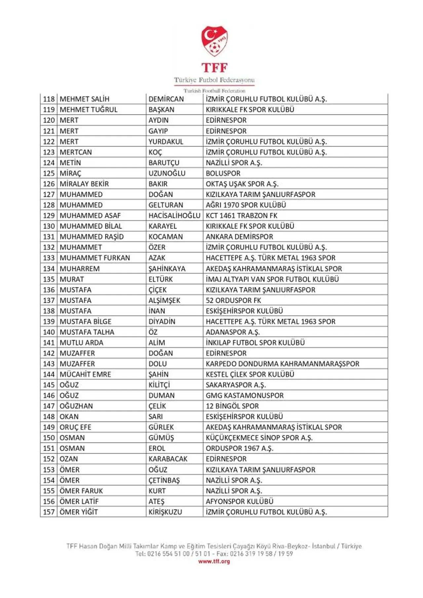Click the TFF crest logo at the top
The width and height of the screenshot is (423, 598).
[x=214, y=41]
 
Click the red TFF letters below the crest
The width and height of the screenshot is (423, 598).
[x=214, y=68]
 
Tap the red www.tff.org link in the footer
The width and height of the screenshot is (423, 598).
[x=214, y=561]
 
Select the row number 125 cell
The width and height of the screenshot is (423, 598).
[x=49, y=173]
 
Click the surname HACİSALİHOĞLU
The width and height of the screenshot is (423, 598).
[x=174, y=216]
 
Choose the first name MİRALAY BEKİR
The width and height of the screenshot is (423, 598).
[x=84, y=184]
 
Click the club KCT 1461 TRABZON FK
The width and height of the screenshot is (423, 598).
[x=242, y=216]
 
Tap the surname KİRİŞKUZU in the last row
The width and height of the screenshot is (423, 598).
[x=165, y=512]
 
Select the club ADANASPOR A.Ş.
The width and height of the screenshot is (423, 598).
[x=233, y=332]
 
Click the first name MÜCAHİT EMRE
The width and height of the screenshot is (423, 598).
[x=85, y=374]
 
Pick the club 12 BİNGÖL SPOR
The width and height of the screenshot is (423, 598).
[x=232, y=406]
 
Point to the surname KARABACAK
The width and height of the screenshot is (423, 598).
[x=168, y=459]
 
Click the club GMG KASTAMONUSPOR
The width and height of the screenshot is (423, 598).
[x=245, y=396]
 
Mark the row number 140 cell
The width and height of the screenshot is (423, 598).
[x=49, y=332]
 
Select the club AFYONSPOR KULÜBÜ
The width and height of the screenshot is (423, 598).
[x=240, y=501]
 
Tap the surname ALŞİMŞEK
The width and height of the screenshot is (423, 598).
[x=164, y=300]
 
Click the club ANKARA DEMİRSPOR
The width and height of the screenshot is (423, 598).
[x=239, y=237]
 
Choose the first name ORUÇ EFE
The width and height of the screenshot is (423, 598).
[x=75, y=427]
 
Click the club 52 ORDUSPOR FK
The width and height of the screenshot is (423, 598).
[x=233, y=300]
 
